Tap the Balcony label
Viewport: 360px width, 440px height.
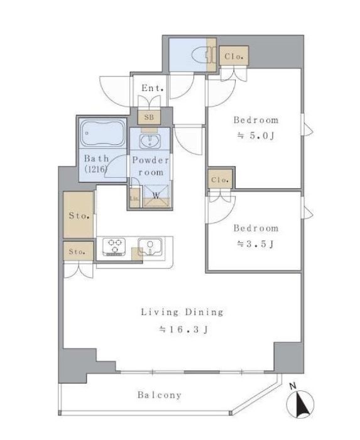click(159, 395)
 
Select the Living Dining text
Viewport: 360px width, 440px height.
click(182, 312)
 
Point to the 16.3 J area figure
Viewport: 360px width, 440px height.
click(184, 329)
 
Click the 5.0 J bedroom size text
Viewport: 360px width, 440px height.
click(256, 136)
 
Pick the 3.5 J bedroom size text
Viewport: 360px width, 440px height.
click(255, 244)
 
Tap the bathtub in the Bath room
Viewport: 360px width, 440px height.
click(103, 133)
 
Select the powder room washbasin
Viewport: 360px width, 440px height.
click(150, 141)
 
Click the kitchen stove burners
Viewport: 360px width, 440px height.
click(114, 246)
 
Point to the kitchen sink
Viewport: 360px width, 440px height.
click(150, 247)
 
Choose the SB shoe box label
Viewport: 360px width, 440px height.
click(149, 117)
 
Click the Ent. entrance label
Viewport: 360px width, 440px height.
click(153, 88)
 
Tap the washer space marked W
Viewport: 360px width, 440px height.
click(156, 196)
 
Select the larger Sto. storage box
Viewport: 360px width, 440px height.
click(79, 215)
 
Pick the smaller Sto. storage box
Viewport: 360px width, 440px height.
click(79, 252)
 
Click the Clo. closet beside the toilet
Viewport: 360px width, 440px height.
click(234, 56)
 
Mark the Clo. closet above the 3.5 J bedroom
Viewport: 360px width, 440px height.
click(221, 179)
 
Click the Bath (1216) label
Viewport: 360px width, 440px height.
click(96, 164)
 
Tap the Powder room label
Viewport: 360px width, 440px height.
click(151, 166)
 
